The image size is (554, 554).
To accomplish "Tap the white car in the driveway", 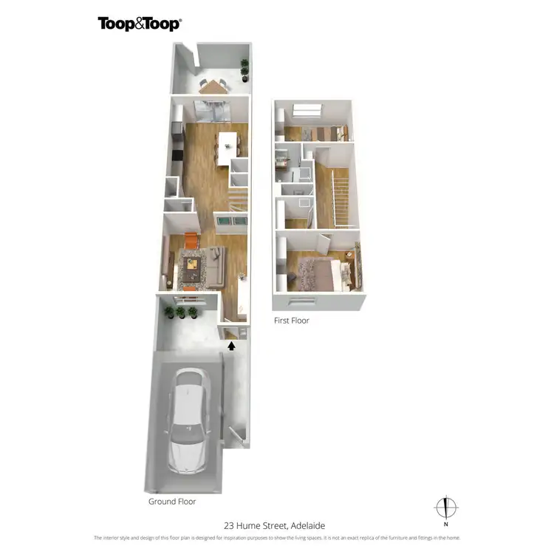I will tap(188, 422).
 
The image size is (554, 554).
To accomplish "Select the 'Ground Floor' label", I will tap(171, 502).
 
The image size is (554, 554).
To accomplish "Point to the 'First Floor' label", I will tap(291, 321).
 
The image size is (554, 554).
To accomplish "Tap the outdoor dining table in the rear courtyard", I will tap(214, 86).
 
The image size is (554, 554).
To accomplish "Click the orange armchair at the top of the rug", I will tap(191, 241).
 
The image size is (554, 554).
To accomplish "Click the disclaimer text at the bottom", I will tap(276, 538).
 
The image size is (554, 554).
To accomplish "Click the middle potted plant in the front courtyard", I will tap(181, 312).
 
